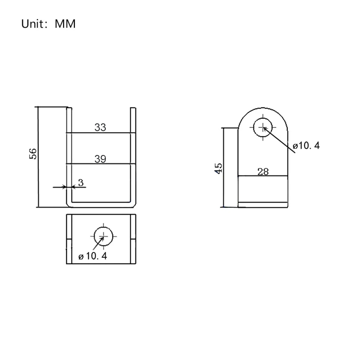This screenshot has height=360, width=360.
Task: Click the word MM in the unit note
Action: click(65, 24)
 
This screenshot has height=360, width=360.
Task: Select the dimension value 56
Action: click(33, 154)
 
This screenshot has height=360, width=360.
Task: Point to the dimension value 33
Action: click(100, 127)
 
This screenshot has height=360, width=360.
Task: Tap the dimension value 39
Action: click(100, 159)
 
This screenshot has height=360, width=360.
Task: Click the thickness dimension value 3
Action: click(81, 183)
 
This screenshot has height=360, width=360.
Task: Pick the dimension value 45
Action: click(219, 168)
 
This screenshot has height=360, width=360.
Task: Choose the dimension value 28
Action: click(263, 172)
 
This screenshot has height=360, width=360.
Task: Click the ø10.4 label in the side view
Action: click(306, 146)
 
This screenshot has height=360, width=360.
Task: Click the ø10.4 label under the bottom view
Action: click(93, 256)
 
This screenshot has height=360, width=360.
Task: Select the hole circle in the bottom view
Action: click(103, 236)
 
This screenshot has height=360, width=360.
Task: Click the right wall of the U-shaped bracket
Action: click(133, 155)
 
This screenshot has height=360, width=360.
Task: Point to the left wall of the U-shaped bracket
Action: click(69, 155)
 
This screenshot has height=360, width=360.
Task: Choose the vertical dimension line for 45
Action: click(224, 187)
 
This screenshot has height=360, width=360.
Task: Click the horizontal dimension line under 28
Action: click(263, 176)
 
